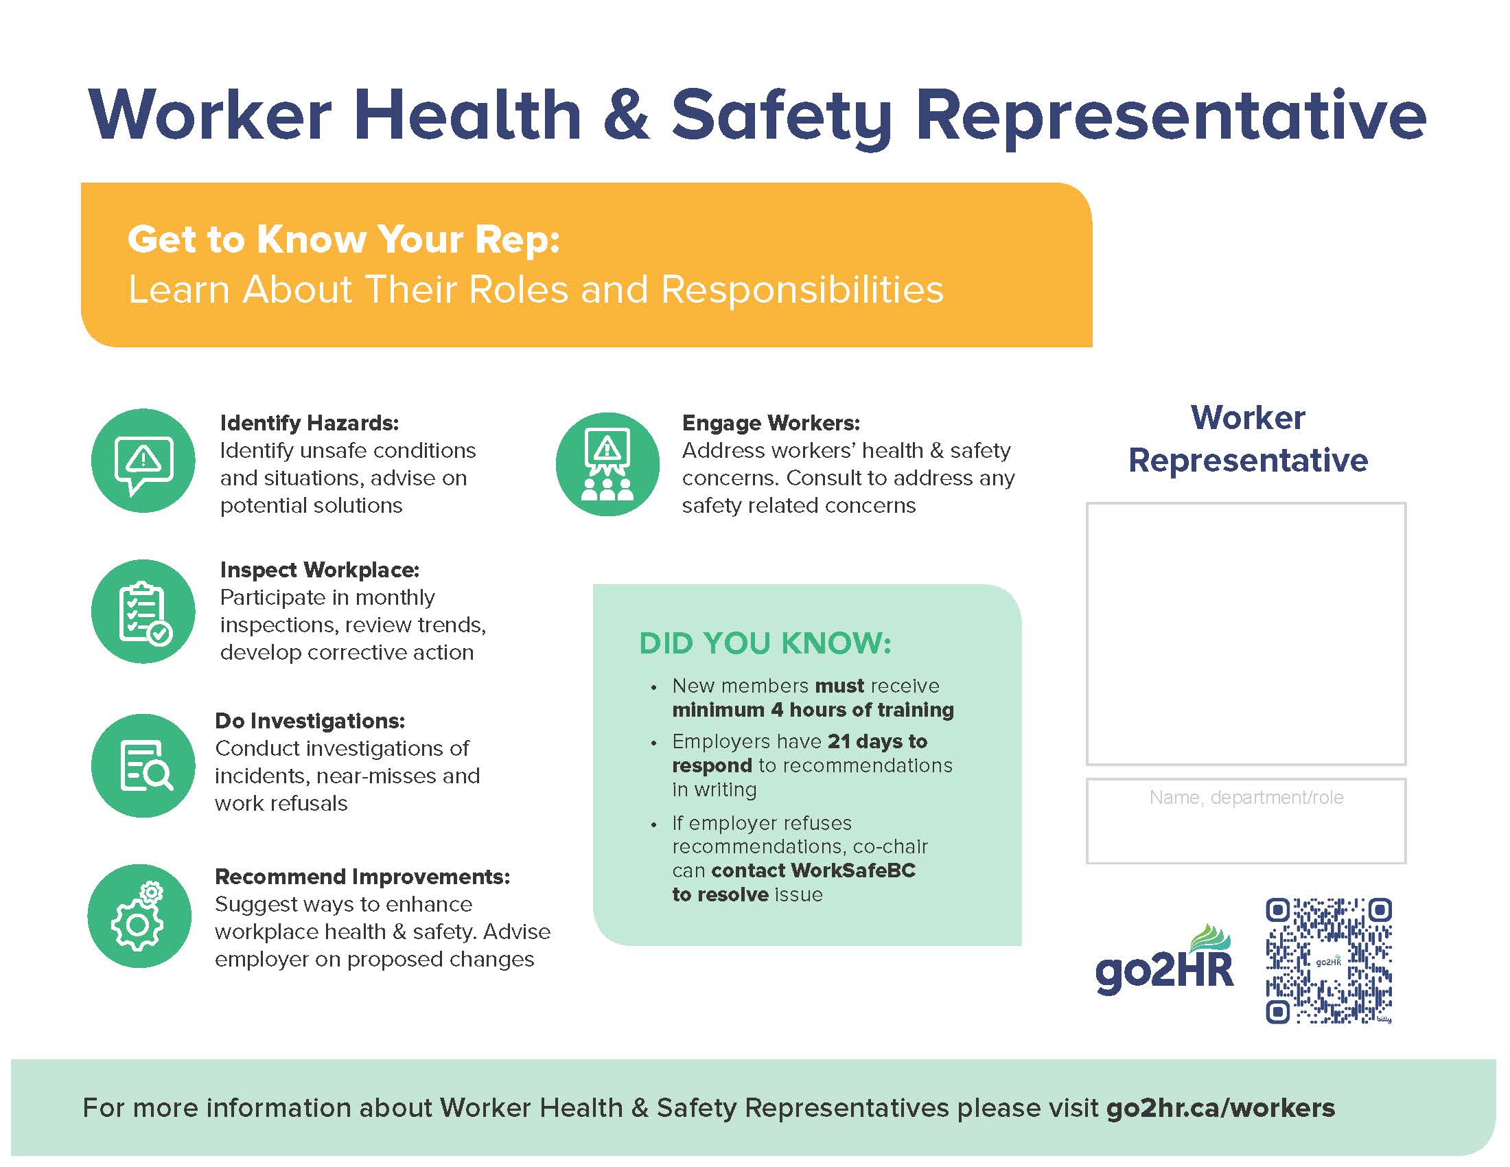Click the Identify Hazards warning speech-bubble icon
click(143, 461)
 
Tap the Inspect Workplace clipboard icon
click(143, 612)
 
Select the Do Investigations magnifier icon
click(143, 766)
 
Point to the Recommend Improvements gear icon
click(139, 916)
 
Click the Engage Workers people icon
click(607, 464)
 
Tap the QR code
click(1328, 960)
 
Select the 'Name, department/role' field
click(1246, 820)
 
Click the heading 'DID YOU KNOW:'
click(765, 643)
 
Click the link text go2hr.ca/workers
click(1220, 1108)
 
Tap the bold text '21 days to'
click(877, 741)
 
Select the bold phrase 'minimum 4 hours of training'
click(813, 710)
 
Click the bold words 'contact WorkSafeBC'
click(813, 870)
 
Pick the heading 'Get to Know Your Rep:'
click(344, 239)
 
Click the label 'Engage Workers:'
click(771, 422)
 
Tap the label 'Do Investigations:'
click(310, 720)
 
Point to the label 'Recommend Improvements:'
click(362, 877)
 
